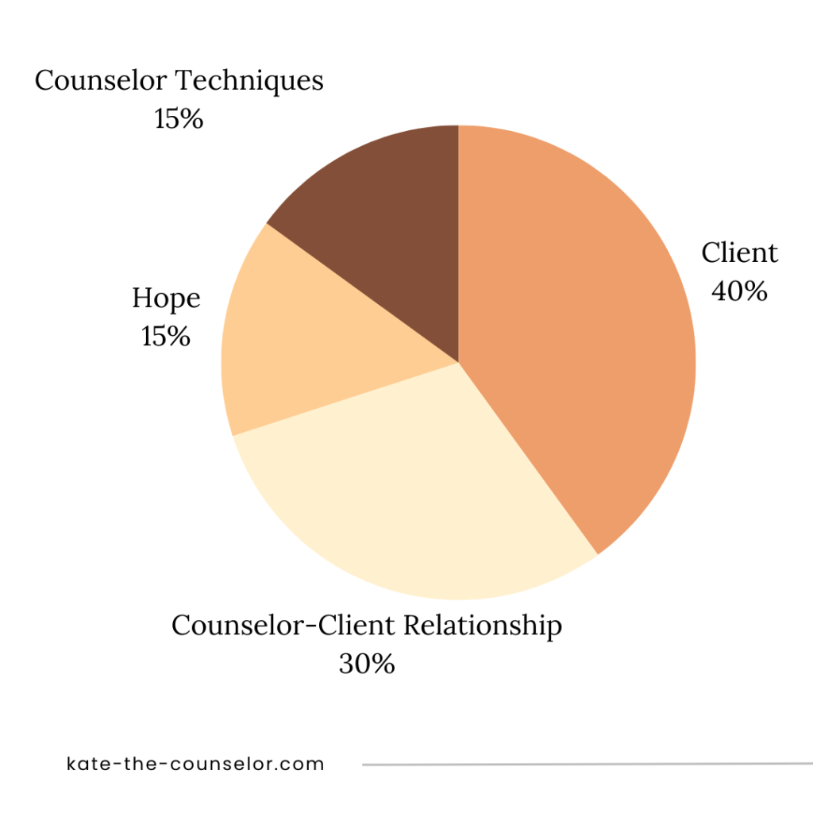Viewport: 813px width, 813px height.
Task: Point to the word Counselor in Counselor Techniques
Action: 101,81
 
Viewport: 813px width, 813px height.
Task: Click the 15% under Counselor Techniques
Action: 179,119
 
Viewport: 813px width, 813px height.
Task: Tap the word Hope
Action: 166,299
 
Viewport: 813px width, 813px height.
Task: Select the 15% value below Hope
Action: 166,336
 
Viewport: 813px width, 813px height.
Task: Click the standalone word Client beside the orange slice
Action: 739,253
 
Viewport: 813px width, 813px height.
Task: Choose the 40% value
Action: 739,291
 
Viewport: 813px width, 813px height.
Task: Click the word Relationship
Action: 483,626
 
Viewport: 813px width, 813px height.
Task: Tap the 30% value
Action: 367,664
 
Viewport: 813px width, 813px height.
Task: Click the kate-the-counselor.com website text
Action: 196,765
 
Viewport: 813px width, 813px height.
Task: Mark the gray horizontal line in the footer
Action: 588,765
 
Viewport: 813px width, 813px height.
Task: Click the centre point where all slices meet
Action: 458,363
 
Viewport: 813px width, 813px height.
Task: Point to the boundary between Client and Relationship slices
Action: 528,459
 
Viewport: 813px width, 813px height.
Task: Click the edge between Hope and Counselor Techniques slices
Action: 362,293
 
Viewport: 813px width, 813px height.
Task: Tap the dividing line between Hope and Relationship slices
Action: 345,399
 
